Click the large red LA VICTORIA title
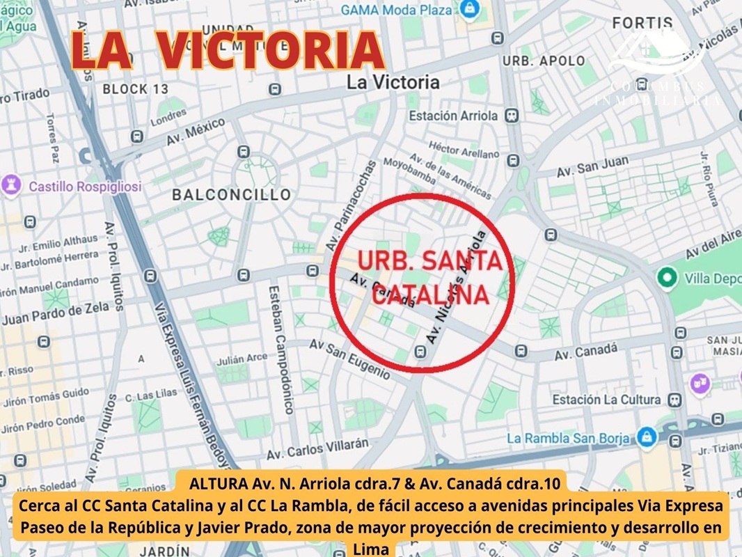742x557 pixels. (x=228, y=51)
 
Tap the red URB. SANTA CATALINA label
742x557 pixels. (x=429, y=277)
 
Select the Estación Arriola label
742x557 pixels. (x=453, y=116)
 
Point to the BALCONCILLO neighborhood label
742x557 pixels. (x=232, y=195)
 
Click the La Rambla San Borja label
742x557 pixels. (x=568, y=439)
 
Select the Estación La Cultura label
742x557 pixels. (x=606, y=400)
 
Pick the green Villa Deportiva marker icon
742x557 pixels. (x=667, y=278)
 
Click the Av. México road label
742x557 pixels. (x=196, y=131)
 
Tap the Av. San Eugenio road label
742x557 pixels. (x=349, y=358)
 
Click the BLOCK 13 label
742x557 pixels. (x=135, y=89)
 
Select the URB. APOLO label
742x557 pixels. (x=544, y=61)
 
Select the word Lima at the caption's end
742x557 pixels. (x=371, y=549)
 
